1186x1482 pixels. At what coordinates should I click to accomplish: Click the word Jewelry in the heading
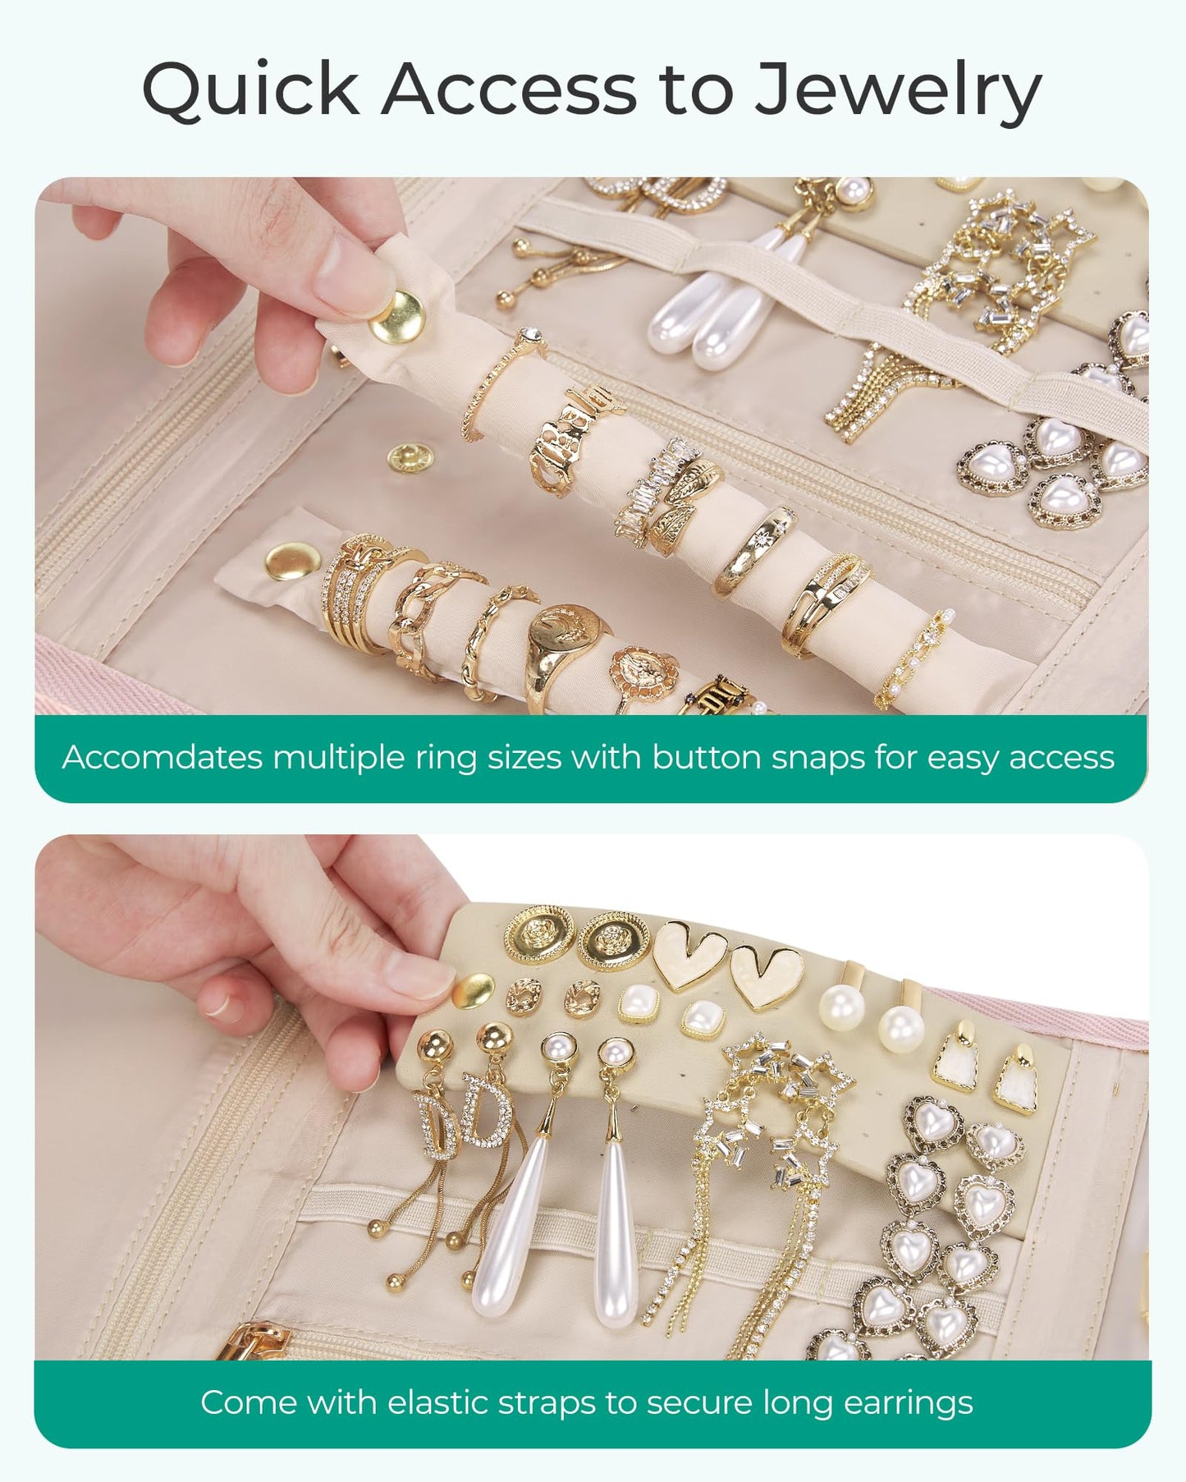(x=897, y=90)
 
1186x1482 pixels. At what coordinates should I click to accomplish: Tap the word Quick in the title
(x=251, y=88)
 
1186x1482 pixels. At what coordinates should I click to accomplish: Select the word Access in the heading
(x=509, y=88)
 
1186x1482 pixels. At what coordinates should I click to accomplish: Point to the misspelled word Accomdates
(x=161, y=757)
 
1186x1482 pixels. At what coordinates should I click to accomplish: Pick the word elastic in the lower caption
(x=436, y=1402)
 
